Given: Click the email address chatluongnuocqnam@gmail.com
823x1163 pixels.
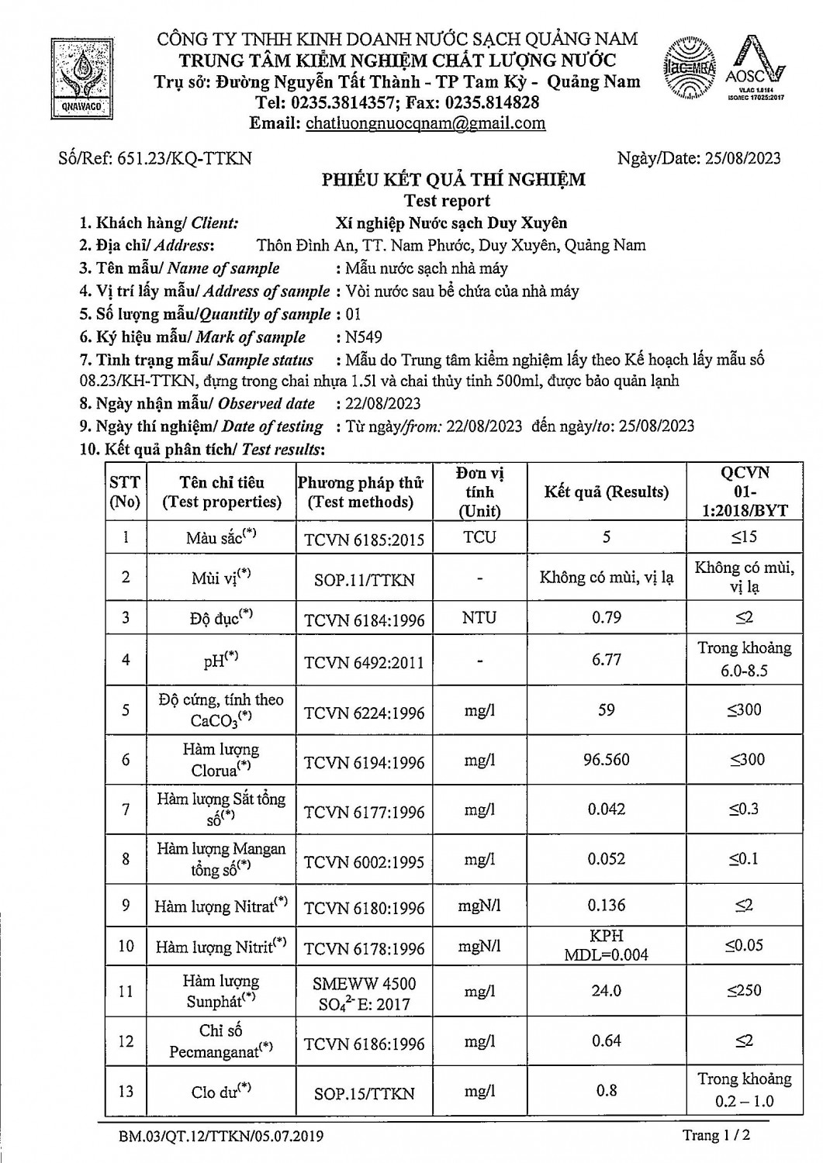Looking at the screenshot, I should [425, 123].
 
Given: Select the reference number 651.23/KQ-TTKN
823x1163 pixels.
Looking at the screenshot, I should [184, 158].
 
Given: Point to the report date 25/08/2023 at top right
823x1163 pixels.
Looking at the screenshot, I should [742, 158].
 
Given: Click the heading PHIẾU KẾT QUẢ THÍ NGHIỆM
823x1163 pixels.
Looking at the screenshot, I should [454, 180].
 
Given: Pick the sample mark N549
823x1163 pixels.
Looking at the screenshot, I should [364, 337].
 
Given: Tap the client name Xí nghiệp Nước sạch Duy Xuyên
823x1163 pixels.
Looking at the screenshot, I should [451, 223].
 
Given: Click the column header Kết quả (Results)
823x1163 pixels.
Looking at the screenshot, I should [606, 492].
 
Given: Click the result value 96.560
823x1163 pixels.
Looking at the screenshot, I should [606, 760].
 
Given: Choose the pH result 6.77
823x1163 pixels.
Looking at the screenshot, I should [606, 660].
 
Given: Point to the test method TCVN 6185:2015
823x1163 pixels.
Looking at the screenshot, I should [364, 539].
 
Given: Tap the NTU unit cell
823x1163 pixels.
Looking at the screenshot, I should [479, 618].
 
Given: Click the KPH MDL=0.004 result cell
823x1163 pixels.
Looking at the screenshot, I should [606, 946].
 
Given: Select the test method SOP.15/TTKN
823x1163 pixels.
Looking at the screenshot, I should [364, 1093].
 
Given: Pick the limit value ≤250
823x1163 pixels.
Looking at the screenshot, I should [744, 991].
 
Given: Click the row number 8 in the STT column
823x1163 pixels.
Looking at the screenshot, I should [126, 859].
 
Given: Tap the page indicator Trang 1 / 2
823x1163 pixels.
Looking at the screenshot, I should [716, 1136].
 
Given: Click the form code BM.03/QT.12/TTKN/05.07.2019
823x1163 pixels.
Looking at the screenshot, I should [221, 1137].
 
